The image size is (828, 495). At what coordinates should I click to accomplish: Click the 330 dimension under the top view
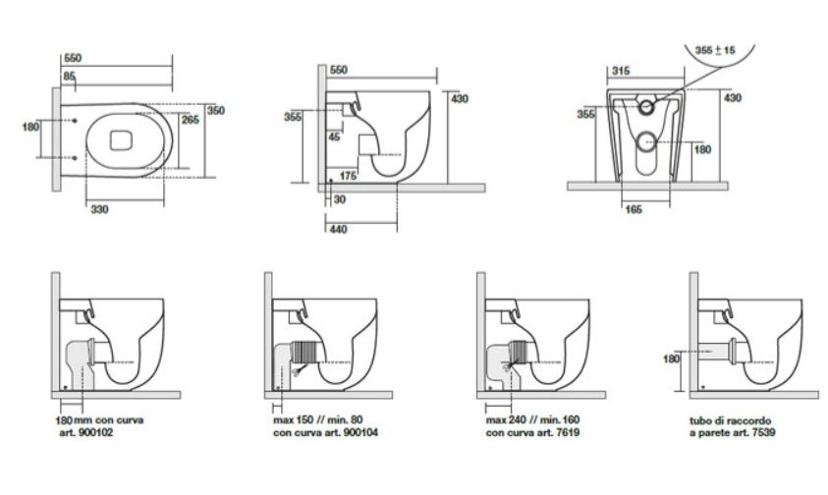(99, 210)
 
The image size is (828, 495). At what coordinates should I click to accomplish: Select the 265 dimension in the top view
(191, 120)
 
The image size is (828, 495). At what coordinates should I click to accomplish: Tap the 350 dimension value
(215, 110)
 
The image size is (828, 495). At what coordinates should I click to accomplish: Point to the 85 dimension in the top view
(69, 76)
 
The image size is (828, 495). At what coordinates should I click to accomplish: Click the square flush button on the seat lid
(121, 140)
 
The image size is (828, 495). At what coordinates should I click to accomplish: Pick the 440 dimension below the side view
(339, 229)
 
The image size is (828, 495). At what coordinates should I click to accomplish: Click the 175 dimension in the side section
(348, 176)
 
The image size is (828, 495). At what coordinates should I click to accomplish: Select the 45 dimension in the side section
(334, 137)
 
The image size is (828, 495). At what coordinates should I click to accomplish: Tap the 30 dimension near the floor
(340, 199)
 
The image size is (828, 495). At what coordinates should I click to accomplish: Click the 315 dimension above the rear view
(621, 71)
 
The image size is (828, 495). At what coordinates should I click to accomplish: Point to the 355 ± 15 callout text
(715, 50)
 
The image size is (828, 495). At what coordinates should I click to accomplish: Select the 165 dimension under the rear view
(634, 210)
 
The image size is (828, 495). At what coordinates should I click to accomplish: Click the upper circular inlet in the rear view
(646, 107)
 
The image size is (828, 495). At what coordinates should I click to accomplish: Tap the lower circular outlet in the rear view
(646, 142)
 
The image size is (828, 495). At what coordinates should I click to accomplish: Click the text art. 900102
(86, 433)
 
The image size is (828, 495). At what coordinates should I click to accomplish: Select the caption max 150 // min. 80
(318, 420)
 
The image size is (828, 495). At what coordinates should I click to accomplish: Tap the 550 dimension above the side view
(339, 70)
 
